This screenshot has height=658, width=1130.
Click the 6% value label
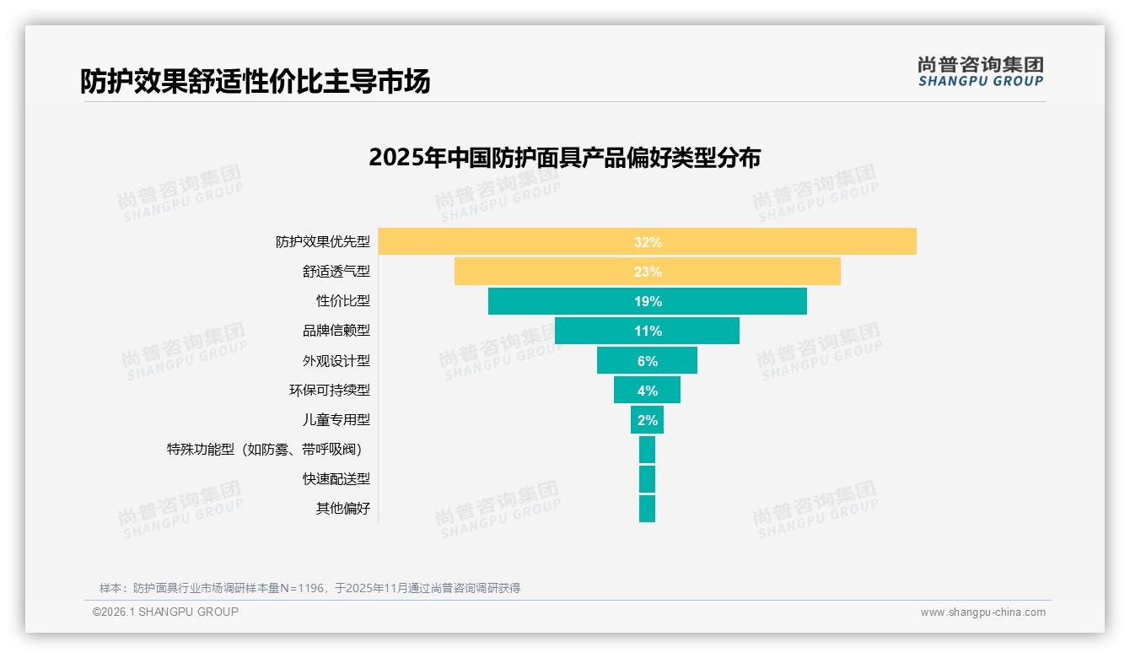(647, 361)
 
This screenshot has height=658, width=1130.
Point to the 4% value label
(647, 391)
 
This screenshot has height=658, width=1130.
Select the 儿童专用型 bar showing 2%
(647, 420)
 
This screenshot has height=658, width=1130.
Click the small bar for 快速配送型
(647, 479)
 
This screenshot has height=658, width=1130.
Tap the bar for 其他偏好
(647, 509)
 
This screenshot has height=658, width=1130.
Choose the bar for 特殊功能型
(647, 450)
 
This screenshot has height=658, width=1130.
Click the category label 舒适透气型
(336, 272)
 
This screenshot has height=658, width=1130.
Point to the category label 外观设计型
(336, 361)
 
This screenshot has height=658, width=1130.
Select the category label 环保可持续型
(329, 391)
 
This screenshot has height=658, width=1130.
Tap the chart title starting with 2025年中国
(564, 158)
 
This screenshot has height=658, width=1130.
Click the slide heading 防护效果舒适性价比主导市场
(255, 81)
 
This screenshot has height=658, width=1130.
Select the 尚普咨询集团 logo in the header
(980, 72)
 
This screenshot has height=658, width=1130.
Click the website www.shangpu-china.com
(982, 612)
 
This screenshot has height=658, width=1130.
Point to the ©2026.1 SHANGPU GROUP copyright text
(165, 612)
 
